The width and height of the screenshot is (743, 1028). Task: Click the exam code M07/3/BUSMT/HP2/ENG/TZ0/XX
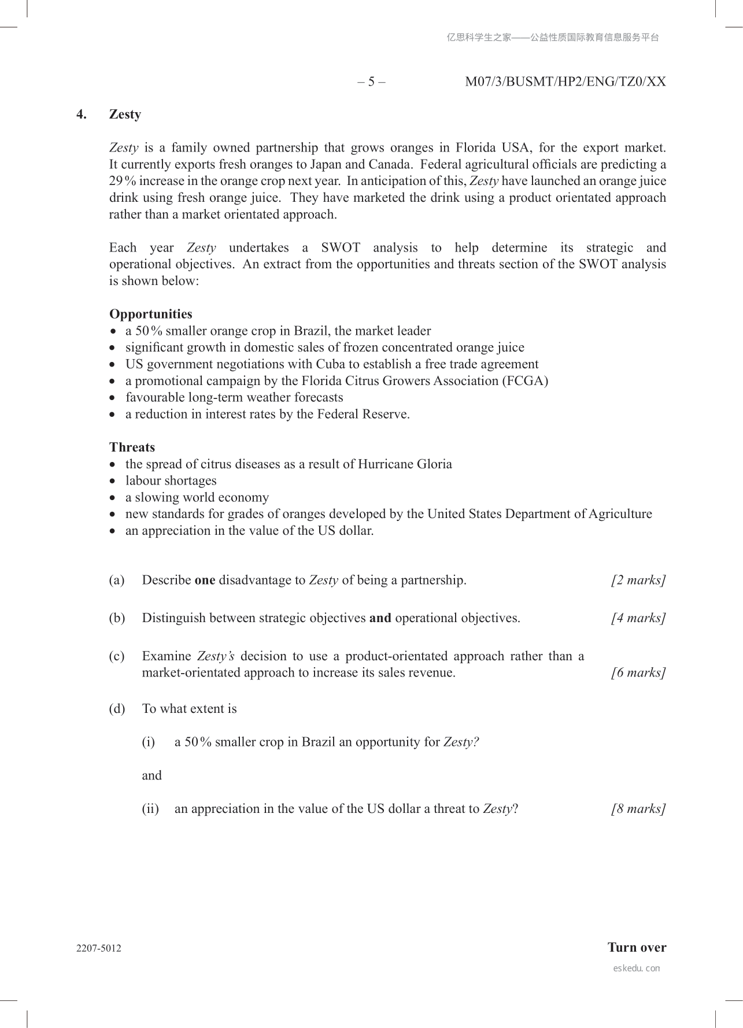[x=565, y=82]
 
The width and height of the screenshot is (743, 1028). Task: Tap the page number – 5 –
[x=371, y=82]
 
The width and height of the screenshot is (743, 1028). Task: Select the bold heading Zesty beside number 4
[x=125, y=114]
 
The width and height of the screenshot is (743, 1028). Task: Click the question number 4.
[x=82, y=114]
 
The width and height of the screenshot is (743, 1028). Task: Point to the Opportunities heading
[x=151, y=314]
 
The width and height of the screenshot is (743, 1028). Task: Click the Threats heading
[x=132, y=447]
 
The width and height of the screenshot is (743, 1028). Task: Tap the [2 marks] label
[x=638, y=580]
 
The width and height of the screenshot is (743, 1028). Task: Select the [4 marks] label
[x=638, y=618]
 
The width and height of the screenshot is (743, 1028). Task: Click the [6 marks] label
[x=638, y=672]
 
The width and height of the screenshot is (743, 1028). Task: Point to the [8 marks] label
[x=638, y=808]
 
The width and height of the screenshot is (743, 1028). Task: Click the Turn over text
[x=637, y=947]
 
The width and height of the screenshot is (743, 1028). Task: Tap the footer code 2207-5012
[x=99, y=948]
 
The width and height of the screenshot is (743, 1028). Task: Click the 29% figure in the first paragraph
[x=122, y=181]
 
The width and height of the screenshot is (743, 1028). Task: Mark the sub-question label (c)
[x=117, y=656]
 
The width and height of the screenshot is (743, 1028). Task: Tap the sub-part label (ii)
[x=150, y=808]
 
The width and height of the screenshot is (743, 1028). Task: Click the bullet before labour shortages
[x=113, y=481]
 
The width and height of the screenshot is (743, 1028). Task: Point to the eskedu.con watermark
[x=636, y=968]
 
